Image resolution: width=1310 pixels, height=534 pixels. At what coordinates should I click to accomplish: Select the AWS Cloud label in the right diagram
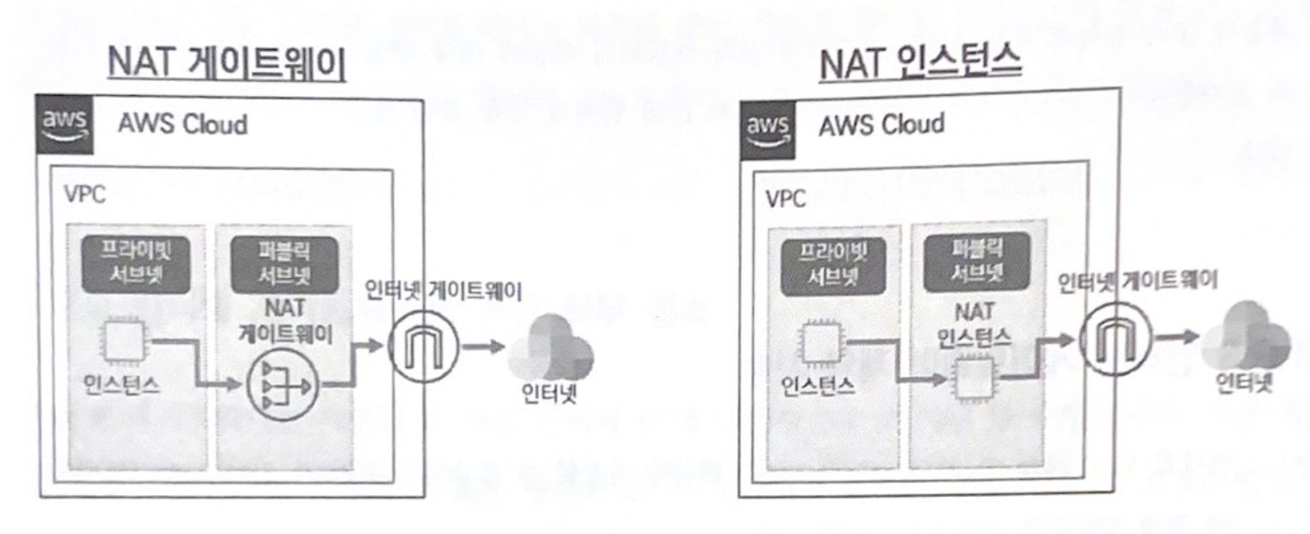(x=881, y=126)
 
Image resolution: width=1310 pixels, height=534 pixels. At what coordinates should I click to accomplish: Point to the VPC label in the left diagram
(x=85, y=195)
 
